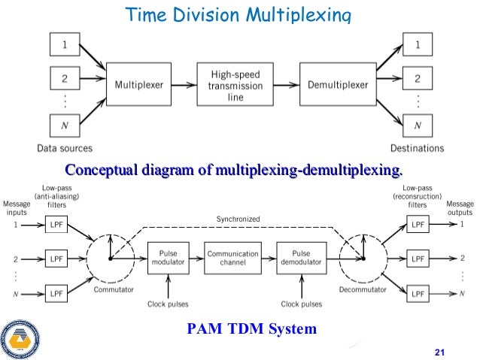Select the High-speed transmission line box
tap(235, 86)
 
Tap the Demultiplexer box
tap(337, 86)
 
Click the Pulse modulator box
tap(168, 257)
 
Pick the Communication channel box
tap(233, 257)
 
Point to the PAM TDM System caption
tap(251, 328)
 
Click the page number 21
tap(441, 352)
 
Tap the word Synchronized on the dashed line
tap(238, 219)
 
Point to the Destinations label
tap(417, 148)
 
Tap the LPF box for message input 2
tap(56, 258)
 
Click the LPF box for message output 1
tap(417, 225)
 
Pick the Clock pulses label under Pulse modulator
tap(168, 304)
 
